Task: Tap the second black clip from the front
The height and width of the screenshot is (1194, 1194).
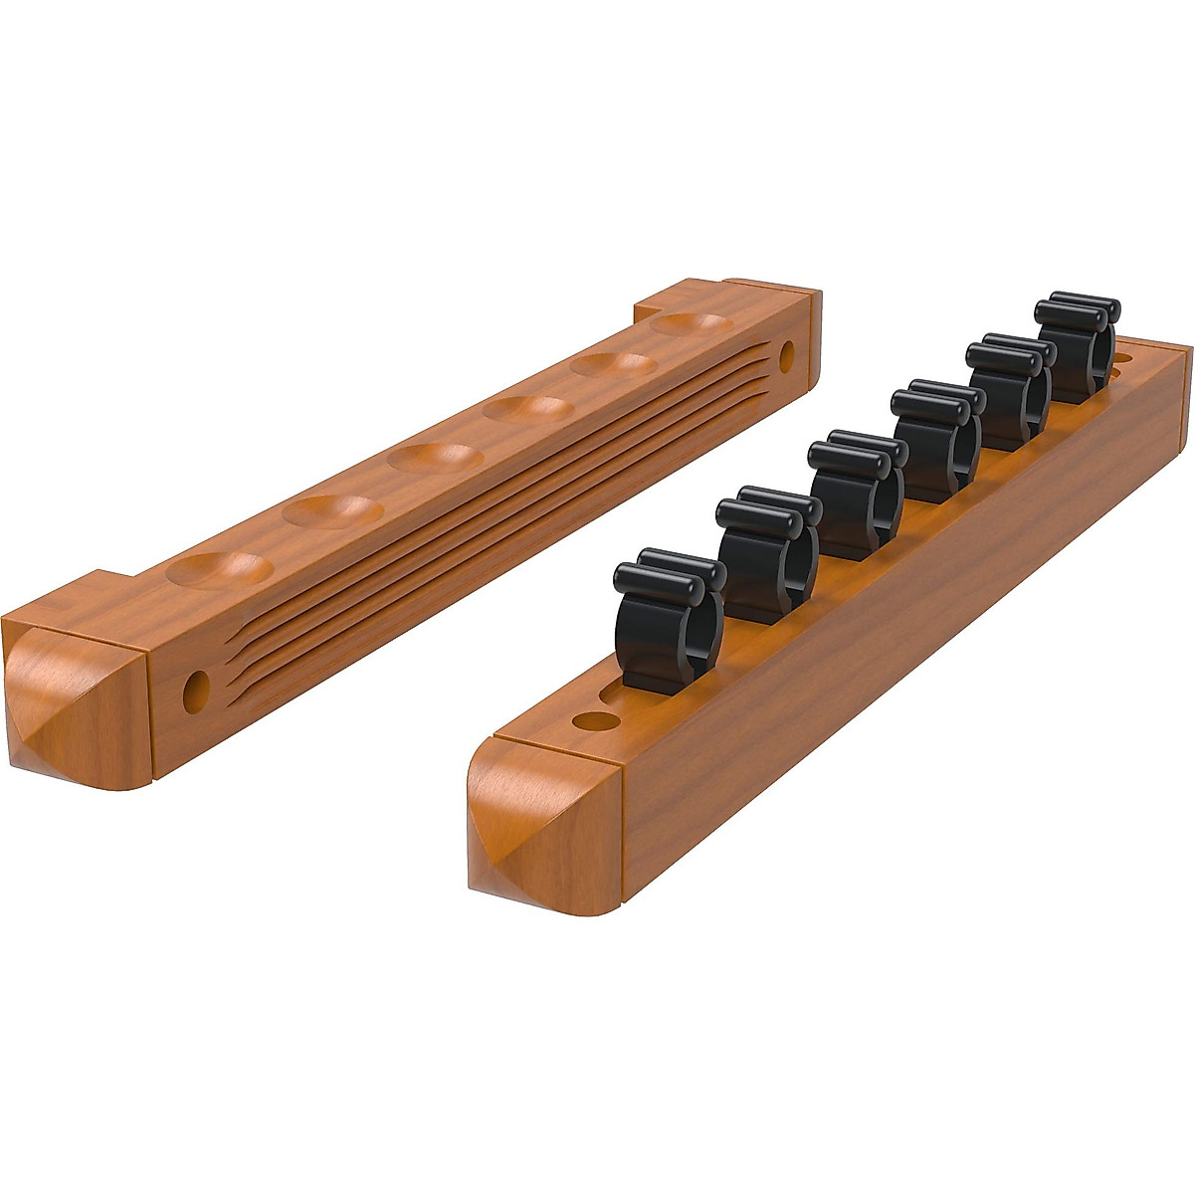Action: [x=763, y=553]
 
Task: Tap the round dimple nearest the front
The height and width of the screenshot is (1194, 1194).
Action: [x=219, y=570]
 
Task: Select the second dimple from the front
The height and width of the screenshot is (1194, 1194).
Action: [x=332, y=509]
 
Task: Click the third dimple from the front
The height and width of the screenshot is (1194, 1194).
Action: [x=435, y=458]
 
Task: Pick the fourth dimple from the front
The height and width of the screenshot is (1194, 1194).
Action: [x=527, y=409]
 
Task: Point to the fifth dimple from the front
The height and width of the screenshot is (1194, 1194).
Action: [x=611, y=365]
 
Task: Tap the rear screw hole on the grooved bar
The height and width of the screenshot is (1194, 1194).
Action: [x=788, y=354]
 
